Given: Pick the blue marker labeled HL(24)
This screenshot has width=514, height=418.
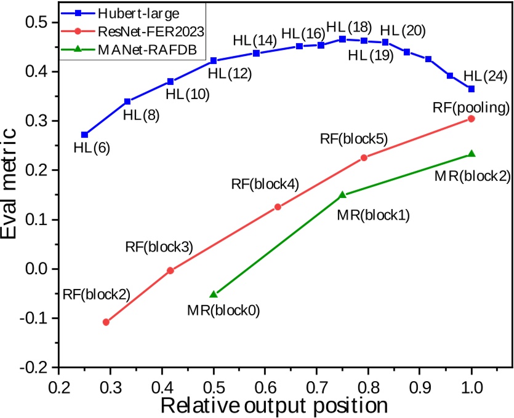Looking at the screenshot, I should point(472,89).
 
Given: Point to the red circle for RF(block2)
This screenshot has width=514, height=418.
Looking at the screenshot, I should point(106,321).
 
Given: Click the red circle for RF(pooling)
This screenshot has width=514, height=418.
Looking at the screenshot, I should point(472,119).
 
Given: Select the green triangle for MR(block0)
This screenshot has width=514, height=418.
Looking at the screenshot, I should point(214,294).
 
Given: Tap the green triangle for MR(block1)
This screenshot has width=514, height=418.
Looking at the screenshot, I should point(343,194).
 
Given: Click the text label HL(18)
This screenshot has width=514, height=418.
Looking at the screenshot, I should point(349,28).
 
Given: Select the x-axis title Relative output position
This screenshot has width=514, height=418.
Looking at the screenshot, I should point(274,405).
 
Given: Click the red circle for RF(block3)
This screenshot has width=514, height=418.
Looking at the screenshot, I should point(171,270).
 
